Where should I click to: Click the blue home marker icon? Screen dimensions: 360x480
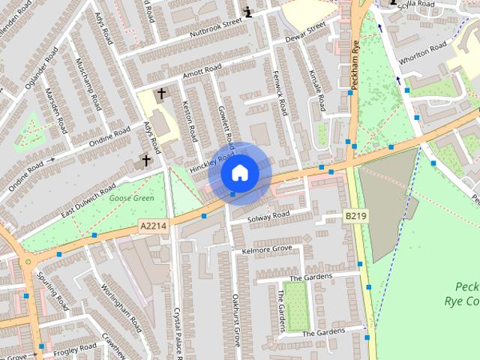[x=239, y=172]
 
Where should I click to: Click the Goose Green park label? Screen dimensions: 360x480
[x=131, y=198]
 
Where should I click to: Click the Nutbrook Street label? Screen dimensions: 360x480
[x=218, y=27]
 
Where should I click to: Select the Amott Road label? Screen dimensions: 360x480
[x=202, y=72]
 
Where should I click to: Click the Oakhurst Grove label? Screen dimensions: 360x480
[x=235, y=318]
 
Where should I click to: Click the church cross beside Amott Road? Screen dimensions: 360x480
[x=160, y=94]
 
